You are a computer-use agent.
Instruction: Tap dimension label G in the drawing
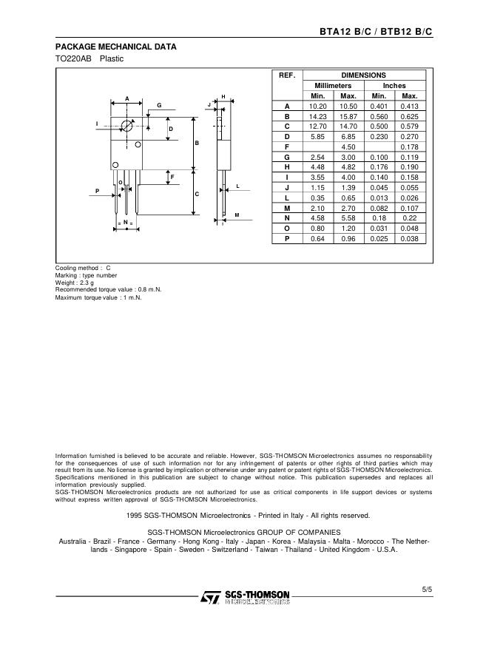(x=158, y=106)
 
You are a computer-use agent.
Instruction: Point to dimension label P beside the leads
(x=97, y=191)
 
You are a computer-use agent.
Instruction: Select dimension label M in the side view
(x=237, y=215)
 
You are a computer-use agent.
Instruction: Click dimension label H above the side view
(x=223, y=97)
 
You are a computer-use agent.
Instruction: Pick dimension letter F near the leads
(x=171, y=177)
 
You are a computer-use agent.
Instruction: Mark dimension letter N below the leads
(x=126, y=222)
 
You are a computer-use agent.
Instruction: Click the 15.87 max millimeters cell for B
(x=348, y=117)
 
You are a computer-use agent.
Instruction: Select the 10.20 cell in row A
(x=317, y=107)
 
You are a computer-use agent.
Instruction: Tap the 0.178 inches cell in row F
(x=409, y=147)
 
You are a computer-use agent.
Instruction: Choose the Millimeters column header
(x=333, y=86)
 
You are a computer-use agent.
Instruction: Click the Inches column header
(x=394, y=86)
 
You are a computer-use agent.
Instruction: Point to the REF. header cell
(x=287, y=75)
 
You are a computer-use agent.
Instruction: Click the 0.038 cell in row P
(x=409, y=238)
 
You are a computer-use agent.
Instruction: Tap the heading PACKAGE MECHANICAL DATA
(x=116, y=47)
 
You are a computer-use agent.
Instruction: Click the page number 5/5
(x=426, y=590)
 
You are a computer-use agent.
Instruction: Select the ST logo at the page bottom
(x=212, y=597)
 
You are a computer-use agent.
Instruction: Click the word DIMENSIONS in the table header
(x=363, y=75)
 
